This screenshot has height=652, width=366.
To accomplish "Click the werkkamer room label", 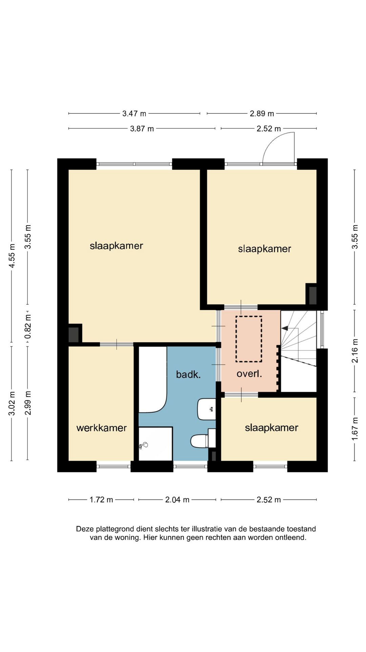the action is point(102,428).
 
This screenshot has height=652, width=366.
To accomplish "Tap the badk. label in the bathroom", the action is point(188,375).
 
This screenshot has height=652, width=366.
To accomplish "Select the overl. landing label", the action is point(249,374).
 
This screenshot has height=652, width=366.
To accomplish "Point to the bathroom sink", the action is point(207,409).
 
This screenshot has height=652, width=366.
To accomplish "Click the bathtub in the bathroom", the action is point(153,379).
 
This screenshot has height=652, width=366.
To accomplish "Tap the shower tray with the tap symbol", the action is point(156,444).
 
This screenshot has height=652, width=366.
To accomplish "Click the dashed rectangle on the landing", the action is point(249,339).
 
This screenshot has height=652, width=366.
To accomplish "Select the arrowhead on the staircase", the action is point(285,328).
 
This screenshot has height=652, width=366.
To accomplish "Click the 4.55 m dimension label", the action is point(12,255).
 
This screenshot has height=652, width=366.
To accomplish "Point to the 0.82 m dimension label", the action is point(28,326).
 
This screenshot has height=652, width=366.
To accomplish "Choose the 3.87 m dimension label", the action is point(142,129).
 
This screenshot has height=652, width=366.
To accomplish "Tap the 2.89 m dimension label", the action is point(262,113).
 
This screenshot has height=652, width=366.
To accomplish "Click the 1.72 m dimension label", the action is point(101,500).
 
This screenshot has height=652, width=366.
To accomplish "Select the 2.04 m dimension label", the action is point(177,500).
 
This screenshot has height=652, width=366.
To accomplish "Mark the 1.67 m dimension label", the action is point(355,429).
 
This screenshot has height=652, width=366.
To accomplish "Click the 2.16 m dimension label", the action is point(355,351).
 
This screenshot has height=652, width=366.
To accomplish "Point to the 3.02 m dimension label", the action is point(12,403).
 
